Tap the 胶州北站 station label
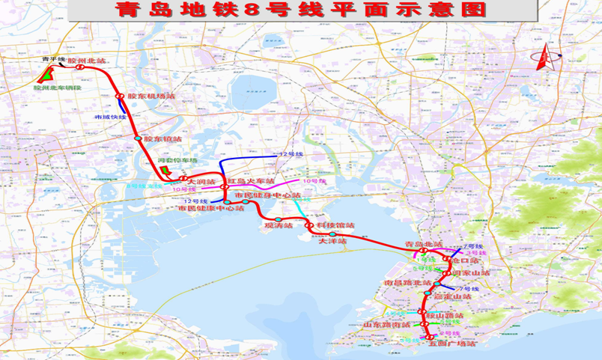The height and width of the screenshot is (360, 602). click(x=88, y=60)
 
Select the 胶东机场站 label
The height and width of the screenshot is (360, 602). click(x=150, y=97)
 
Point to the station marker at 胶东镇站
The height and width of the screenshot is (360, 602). click(x=138, y=138)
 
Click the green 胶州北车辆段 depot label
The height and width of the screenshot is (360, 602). click(x=57, y=88)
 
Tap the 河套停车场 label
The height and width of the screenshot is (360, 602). click(x=177, y=160)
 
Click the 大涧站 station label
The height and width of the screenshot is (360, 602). click(x=201, y=181)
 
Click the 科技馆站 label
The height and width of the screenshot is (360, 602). click(x=334, y=225)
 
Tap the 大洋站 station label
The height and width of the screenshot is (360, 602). click(x=332, y=241)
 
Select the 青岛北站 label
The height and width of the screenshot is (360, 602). click(x=423, y=245)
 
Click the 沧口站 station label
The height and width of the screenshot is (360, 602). click(x=466, y=260)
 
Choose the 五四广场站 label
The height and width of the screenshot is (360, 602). click(x=453, y=344)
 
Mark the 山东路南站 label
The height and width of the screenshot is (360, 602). click(x=386, y=325)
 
